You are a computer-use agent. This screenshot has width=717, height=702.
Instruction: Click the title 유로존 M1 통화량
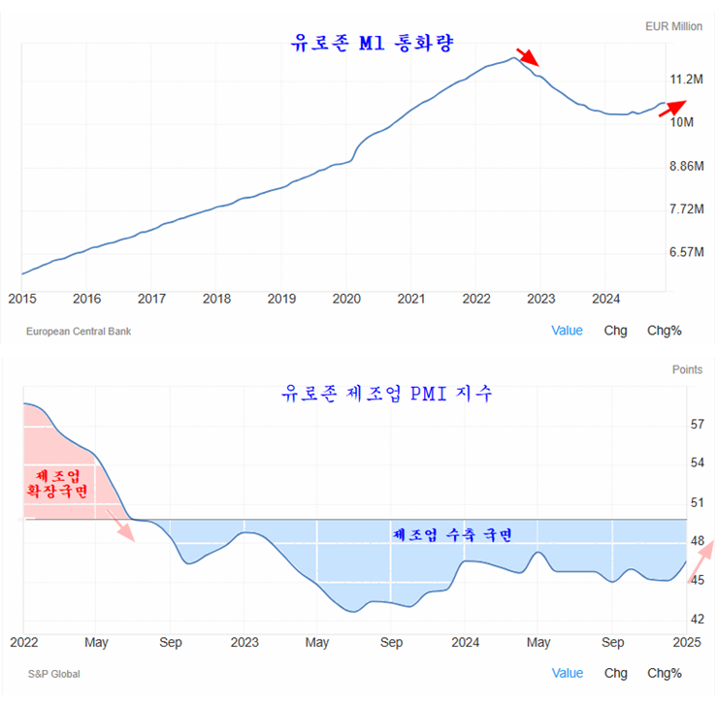[x=373, y=44]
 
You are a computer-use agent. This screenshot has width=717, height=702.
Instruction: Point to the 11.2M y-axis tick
[x=685, y=79]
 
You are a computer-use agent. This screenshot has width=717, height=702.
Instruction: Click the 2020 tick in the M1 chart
[x=346, y=299]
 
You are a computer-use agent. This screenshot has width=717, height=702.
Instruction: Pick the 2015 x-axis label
[x=21, y=299]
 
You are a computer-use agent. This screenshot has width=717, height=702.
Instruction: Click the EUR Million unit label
[x=673, y=27]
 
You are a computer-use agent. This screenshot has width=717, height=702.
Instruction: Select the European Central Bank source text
[x=79, y=332]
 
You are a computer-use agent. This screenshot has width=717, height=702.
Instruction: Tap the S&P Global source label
[x=53, y=674]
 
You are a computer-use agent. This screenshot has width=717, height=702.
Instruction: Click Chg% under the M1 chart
[x=665, y=331]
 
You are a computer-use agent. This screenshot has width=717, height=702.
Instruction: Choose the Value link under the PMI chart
[x=568, y=673]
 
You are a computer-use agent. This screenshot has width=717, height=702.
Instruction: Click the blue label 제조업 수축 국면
[x=451, y=534]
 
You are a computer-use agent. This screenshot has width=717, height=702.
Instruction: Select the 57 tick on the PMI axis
[x=698, y=425]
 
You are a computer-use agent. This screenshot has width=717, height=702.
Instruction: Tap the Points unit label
[x=687, y=369]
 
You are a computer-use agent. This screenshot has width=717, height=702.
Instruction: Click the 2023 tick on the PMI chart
[x=244, y=642]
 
